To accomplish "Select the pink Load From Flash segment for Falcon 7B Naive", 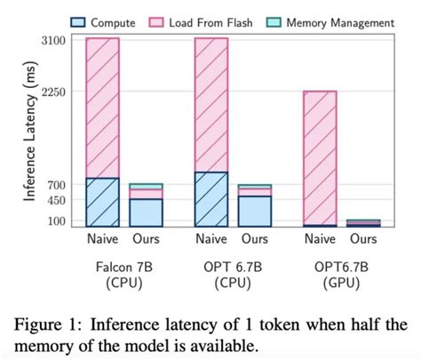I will [102, 107].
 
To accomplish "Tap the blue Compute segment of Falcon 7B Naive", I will [102, 203].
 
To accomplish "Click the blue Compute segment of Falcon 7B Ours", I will [146, 212].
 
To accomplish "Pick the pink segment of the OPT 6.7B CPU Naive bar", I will [210, 104].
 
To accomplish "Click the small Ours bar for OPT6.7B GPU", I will [362, 223].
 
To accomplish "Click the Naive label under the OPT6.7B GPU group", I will [319, 239].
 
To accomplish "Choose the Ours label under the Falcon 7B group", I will [146, 239].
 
